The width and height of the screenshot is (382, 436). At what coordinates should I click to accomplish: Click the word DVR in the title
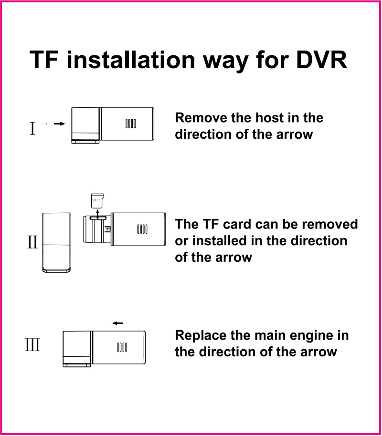[321, 60]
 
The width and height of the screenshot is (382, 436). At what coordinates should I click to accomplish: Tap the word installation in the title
[130, 60]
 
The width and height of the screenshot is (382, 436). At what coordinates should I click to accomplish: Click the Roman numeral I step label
[32, 128]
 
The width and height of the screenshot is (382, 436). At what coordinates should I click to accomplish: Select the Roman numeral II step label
[32, 242]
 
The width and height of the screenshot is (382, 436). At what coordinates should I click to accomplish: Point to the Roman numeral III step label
[32, 345]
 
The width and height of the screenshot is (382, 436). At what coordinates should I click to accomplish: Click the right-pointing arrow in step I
[59, 124]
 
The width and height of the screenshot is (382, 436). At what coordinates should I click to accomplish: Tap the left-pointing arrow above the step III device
[117, 323]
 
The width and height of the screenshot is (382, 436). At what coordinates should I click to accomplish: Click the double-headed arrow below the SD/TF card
[97, 215]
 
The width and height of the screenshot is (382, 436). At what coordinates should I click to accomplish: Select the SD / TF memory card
[97, 201]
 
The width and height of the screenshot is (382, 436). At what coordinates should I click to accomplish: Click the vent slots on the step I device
[130, 124]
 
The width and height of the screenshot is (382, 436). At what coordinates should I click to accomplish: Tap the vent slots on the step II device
[142, 229]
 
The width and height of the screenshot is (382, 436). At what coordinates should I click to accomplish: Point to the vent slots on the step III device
[122, 347]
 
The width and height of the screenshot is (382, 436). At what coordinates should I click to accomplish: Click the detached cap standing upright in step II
[56, 242]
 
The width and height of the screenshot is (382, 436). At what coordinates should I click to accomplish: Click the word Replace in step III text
[201, 335]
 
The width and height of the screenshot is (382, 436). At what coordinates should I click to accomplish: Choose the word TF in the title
[44, 60]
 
